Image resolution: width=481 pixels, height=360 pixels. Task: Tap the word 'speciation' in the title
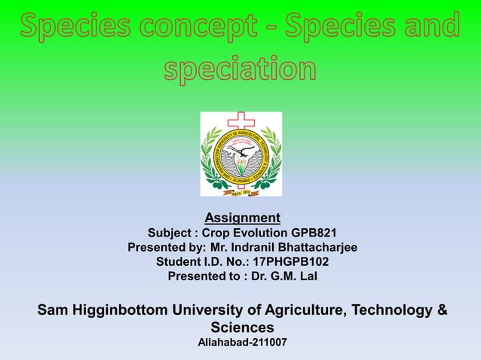(x=240, y=69)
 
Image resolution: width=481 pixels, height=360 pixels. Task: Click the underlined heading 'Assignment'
(x=242, y=218)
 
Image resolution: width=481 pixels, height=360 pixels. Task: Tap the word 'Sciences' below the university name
(x=241, y=328)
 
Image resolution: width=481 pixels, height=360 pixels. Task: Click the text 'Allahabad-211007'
(x=241, y=343)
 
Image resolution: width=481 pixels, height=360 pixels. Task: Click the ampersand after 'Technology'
(x=442, y=310)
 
